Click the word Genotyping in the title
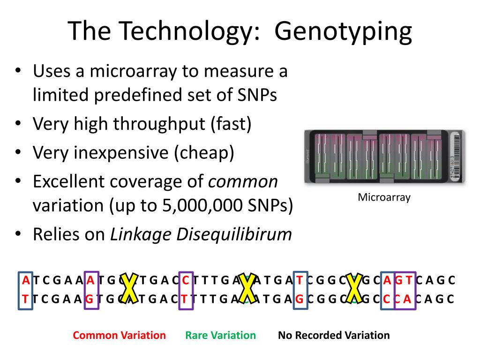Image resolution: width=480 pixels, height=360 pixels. (x=343, y=32)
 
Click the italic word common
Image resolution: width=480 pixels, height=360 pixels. (x=243, y=182)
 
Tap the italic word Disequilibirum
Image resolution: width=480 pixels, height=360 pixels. (x=234, y=234)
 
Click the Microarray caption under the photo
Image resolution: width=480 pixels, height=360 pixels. (x=384, y=197)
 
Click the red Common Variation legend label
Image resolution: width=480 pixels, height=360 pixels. (x=119, y=336)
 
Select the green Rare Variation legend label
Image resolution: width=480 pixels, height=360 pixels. (x=220, y=336)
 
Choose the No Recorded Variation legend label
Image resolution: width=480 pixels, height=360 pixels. (x=334, y=336)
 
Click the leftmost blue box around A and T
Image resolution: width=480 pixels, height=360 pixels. (x=26, y=290)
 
